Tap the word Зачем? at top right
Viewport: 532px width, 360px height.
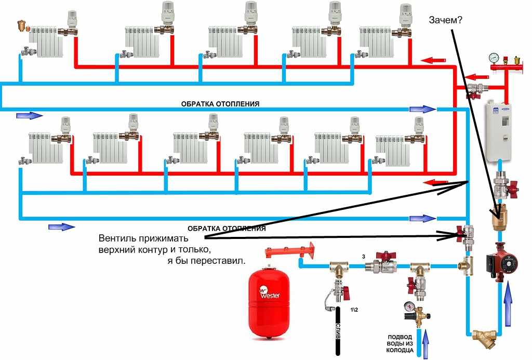click(x=446, y=20)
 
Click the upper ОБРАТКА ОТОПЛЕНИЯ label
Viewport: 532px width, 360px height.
click(x=220, y=104)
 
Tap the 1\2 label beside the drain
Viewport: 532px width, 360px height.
click(x=354, y=310)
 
